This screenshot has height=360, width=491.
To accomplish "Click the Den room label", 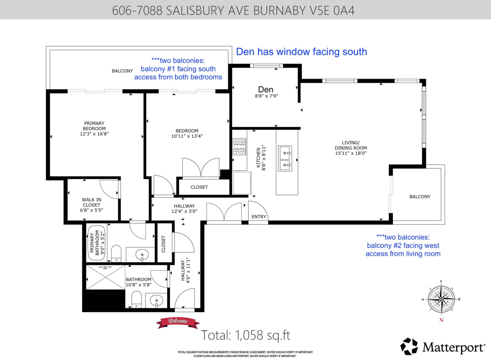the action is (266, 90).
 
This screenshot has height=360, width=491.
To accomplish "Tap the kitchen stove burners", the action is (239, 147).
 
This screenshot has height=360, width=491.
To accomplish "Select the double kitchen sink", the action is (285, 158).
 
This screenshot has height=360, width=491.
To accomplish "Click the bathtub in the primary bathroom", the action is (97, 243).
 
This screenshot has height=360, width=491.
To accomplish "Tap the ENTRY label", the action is (259, 217).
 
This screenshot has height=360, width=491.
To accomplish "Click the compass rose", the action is (441, 299).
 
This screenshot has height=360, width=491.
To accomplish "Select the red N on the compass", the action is (441, 320).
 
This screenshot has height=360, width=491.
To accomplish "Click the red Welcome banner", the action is (178, 323).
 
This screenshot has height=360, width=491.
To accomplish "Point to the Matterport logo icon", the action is (409, 346).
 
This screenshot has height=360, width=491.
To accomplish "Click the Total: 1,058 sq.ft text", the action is (245, 335).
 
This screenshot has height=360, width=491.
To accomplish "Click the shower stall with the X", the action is (106, 277).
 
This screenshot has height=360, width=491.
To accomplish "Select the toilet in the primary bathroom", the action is (116, 254).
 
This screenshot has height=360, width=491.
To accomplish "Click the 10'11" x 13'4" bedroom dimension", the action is (187, 136).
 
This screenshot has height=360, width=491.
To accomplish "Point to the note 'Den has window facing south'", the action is (302, 52).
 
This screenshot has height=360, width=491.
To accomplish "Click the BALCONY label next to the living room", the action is (420, 197).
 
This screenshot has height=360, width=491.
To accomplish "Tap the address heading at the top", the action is (233, 10).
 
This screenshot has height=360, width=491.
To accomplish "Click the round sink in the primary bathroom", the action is (142, 255).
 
